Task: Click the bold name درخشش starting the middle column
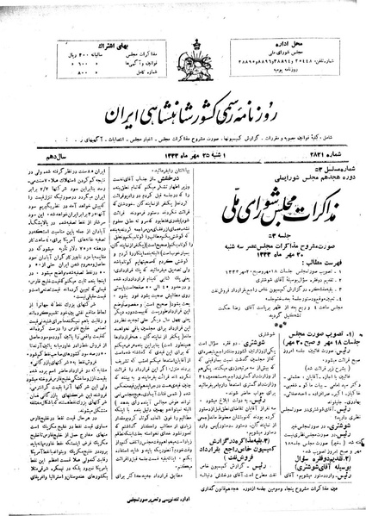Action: click(192, 152)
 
